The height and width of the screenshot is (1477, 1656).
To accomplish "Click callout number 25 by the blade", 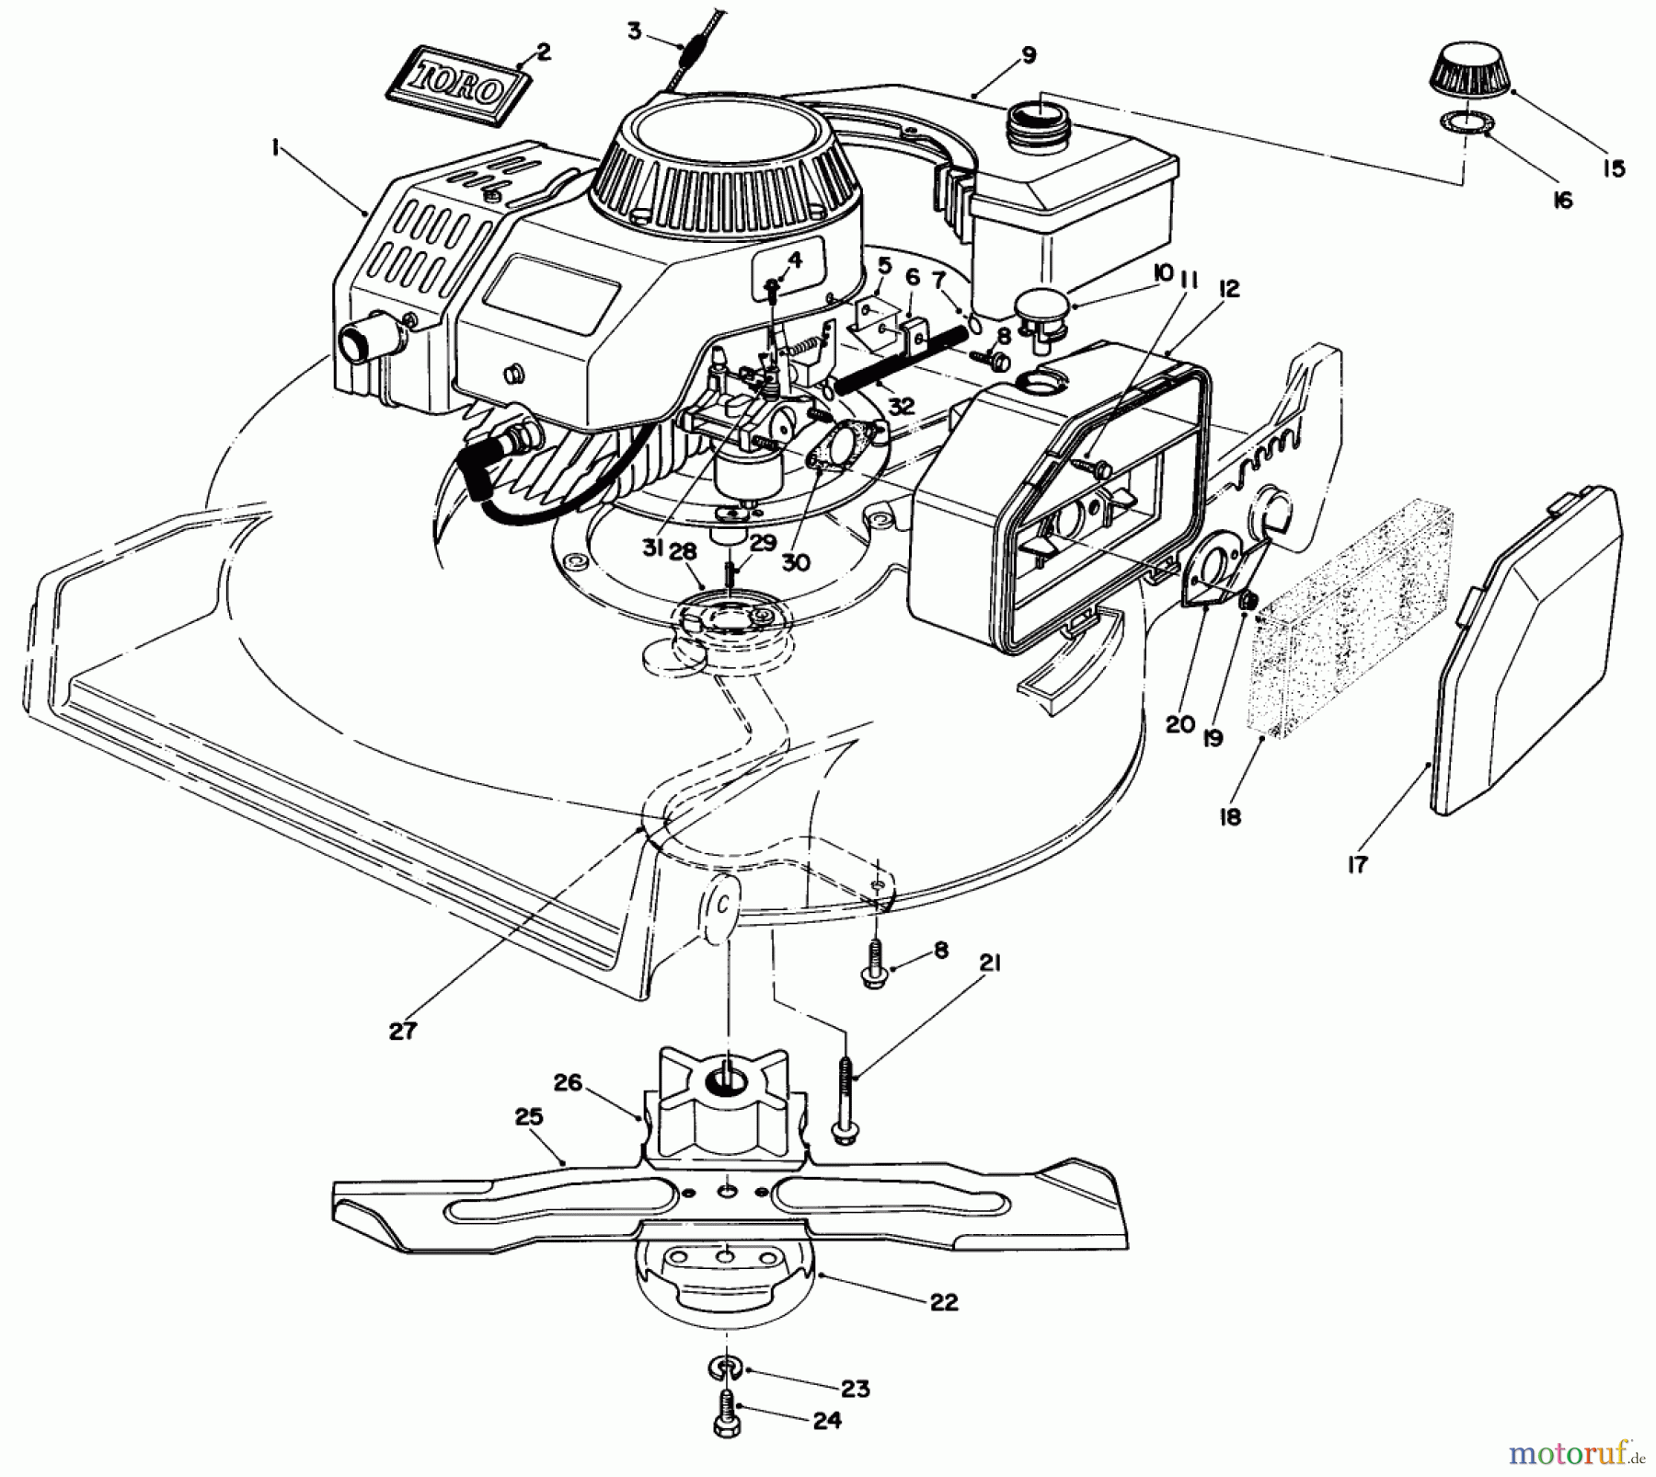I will pyautogui.click(x=529, y=1117).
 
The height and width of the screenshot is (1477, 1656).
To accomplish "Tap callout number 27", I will pyautogui.click(x=402, y=1031).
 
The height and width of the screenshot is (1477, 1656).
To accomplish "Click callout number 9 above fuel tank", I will pyautogui.click(x=1029, y=55).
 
